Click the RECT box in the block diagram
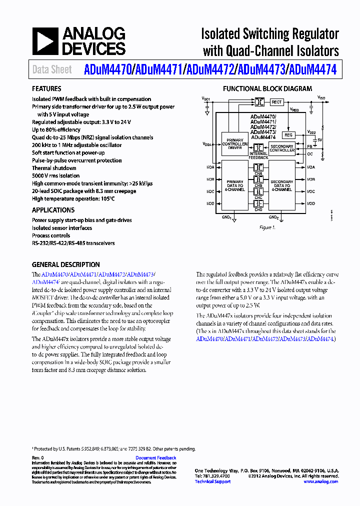point(276,102)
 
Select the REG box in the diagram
point(288,135)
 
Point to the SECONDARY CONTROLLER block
point(282,148)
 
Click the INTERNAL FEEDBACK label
point(258,155)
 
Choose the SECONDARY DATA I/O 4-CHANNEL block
point(282,186)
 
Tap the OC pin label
point(310,154)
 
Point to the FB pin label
point(310,147)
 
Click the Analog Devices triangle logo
point(44,41)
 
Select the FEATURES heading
point(46,89)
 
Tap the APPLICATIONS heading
point(53,210)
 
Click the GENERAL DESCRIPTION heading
point(65,264)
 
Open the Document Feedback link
point(155,458)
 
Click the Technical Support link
point(212,481)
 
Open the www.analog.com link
point(320,481)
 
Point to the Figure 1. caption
point(267,227)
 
